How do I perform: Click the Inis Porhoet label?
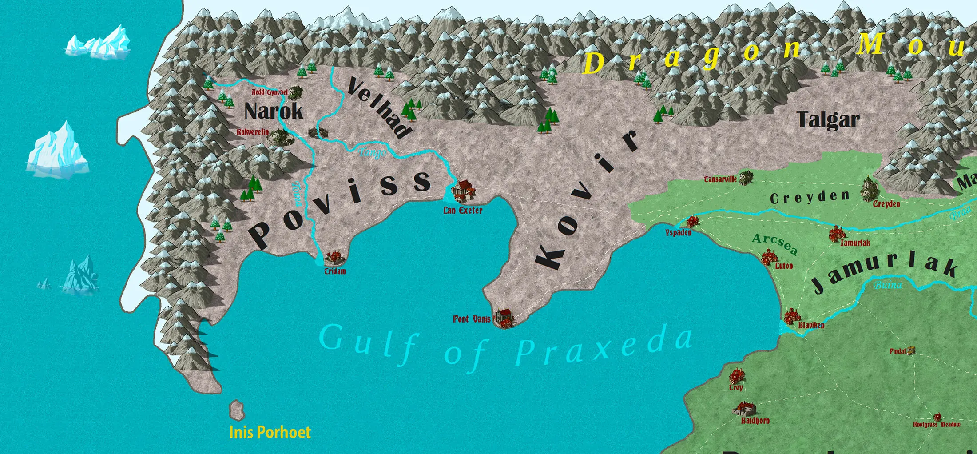coord(270,432)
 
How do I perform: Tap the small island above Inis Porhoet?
coord(237,410)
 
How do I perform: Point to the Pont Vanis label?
coord(472,319)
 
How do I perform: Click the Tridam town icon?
coord(334,256)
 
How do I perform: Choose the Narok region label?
coord(274,111)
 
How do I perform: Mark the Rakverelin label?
coord(253,132)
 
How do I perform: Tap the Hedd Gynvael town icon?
coord(295,92)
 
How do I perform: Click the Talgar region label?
coord(828,119)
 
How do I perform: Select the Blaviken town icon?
coord(792,316)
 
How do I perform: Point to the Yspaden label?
coord(678,233)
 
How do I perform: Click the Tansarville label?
coord(720,179)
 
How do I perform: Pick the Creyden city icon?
coord(868,189)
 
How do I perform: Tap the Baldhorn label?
coord(755,420)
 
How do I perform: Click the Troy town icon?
coord(737,376)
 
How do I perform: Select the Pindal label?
coord(897,351)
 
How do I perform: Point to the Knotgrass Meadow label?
coord(937,425)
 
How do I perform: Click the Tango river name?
coord(372,153)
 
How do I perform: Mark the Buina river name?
coord(888,285)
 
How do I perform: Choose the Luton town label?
coord(784,266)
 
